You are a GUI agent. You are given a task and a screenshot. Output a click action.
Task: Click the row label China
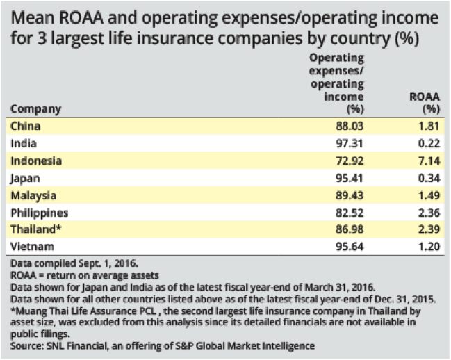click(x=26, y=126)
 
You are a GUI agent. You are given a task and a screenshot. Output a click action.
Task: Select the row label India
click(x=24, y=143)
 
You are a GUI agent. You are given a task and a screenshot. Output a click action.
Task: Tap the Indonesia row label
click(x=36, y=161)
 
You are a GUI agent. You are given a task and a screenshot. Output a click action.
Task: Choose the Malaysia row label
click(x=33, y=195)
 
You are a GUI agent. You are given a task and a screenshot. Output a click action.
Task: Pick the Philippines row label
click(x=38, y=212)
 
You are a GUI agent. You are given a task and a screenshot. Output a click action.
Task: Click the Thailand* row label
click(x=35, y=229)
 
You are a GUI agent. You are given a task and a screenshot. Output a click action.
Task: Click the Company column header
click(x=36, y=108)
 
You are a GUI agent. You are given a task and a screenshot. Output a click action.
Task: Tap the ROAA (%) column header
click(x=425, y=103)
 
